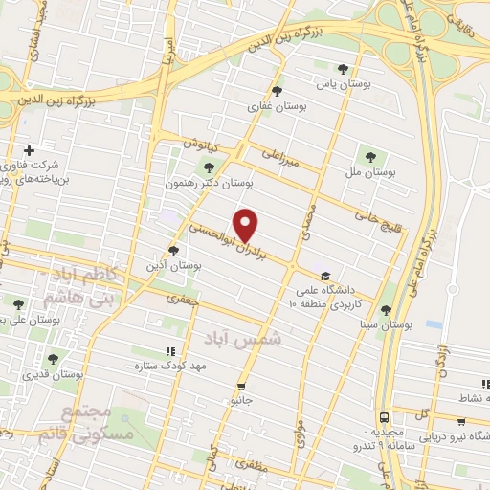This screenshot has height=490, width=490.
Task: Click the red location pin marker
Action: (x=247, y=224)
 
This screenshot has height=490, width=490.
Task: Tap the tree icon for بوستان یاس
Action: (x=343, y=68)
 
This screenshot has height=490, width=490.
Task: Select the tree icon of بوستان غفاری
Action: (x=277, y=91)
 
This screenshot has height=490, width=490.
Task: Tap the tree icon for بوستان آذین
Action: (x=173, y=252)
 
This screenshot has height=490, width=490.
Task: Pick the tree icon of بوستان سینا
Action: (x=385, y=310)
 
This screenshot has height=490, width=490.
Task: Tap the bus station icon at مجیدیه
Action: (x=384, y=418)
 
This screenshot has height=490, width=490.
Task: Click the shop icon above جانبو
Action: (x=242, y=387)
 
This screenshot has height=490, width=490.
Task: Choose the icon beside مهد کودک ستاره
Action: (x=170, y=352)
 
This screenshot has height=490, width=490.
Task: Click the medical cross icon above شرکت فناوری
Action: (x=29, y=150)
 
